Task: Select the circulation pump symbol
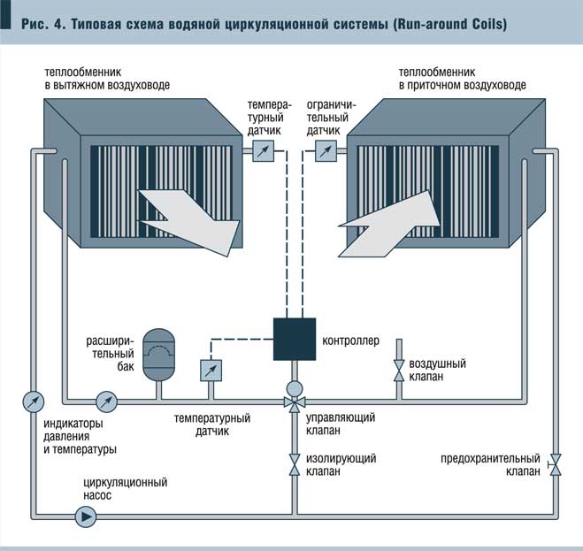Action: coord(86,517)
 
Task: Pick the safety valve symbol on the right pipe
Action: coord(555,463)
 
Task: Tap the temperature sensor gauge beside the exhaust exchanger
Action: coord(263,151)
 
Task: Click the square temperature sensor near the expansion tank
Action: coord(211,369)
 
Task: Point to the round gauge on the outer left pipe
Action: coord(32,402)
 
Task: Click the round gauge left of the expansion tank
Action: coord(107,402)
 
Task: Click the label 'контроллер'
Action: coord(350,340)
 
